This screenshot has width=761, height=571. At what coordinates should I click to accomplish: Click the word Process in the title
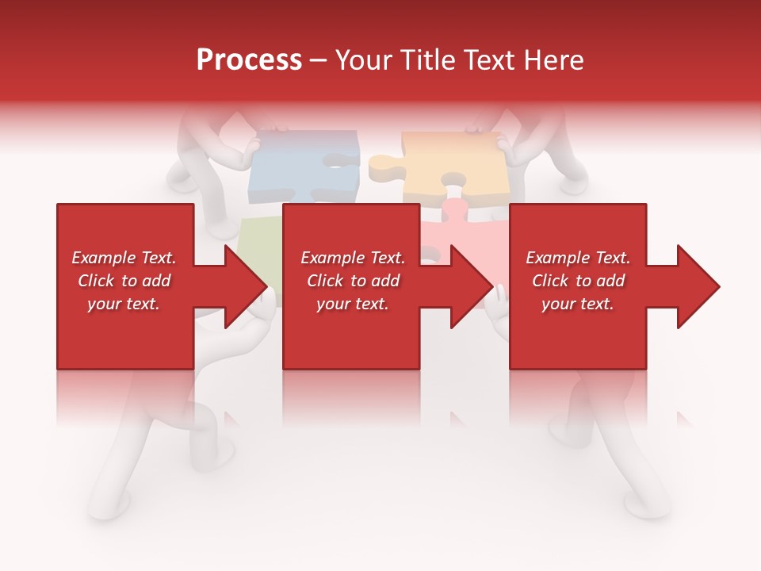(249, 60)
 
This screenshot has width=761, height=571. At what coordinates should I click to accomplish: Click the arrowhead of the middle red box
(470, 286)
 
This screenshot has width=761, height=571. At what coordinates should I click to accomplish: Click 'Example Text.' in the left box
(124, 258)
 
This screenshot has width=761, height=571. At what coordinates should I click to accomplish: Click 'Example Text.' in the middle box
(353, 258)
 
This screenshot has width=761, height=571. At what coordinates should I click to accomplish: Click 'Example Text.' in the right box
(578, 258)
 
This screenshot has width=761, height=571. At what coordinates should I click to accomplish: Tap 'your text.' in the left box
(124, 304)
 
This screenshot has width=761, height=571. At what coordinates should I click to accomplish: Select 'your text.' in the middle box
(353, 304)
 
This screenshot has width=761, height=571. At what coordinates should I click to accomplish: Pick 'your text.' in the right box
(578, 304)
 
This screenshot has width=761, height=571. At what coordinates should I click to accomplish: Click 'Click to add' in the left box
(124, 281)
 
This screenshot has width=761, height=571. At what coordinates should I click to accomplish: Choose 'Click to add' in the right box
(578, 281)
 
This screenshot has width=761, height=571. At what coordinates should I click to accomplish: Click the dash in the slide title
(319, 61)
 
